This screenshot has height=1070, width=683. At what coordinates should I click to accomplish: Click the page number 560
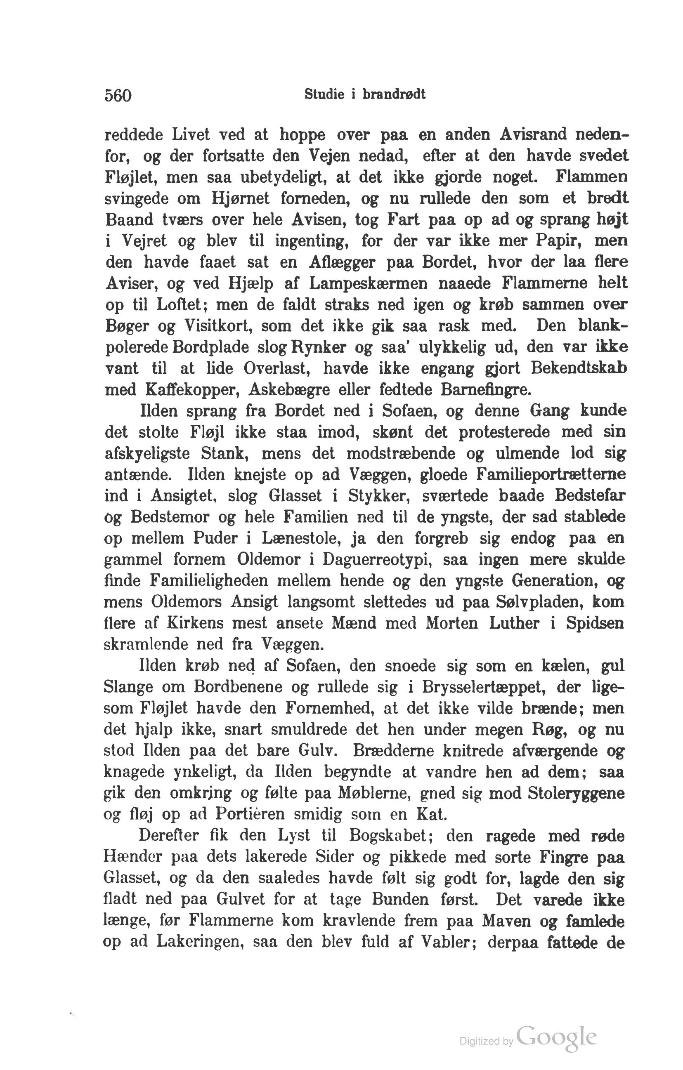click(x=118, y=96)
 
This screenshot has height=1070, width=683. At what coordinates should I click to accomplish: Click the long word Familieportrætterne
click(x=551, y=474)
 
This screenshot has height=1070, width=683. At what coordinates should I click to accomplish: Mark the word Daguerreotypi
click(x=378, y=559)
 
